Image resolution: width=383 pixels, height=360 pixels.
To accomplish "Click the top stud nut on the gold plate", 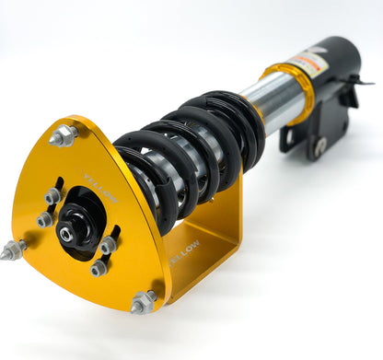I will [63, 135].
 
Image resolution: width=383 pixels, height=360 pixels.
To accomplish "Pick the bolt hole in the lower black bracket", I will [319, 145].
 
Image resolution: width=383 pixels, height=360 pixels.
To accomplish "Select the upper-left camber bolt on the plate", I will [52, 196].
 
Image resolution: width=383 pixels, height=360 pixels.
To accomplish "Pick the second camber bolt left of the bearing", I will [44, 218].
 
